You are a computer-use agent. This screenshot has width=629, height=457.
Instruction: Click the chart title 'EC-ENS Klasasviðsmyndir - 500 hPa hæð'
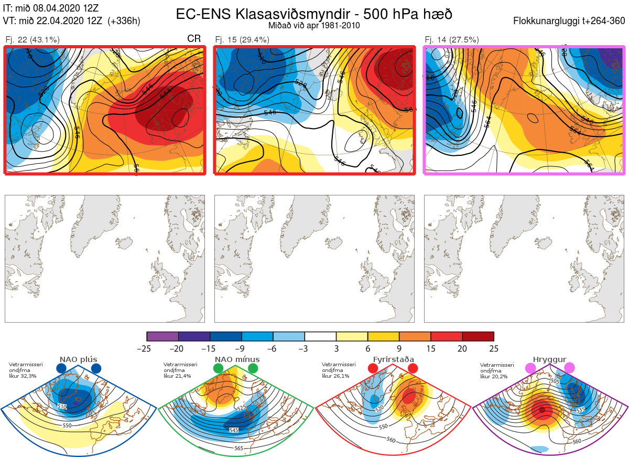(x=314, y=14)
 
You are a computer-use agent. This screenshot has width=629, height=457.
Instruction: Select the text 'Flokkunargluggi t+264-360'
(x=570, y=21)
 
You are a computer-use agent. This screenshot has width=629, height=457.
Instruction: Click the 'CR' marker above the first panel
(x=194, y=39)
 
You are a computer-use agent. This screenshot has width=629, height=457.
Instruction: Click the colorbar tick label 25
(x=493, y=348)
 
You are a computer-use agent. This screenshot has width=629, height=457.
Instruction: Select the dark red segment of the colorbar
(x=478, y=336)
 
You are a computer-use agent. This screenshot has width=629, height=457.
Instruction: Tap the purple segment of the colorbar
(x=162, y=336)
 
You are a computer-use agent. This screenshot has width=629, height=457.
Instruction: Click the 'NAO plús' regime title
(x=79, y=359)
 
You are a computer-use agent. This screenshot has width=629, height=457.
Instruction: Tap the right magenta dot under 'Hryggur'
(x=569, y=368)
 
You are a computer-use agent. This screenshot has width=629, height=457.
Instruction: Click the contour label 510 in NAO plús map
(x=62, y=407)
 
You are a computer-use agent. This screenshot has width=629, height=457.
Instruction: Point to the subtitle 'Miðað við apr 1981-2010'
(x=313, y=25)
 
